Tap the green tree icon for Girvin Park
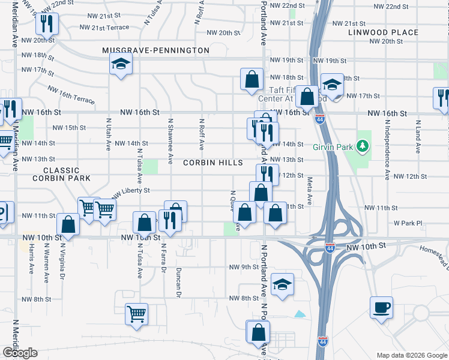[361, 146]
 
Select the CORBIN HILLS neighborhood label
[213, 163]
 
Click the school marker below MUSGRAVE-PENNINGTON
[121, 64]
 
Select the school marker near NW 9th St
[282, 286]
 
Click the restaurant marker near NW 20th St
[46, 24]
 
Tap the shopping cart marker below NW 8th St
[137, 313]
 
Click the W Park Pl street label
[408, 223]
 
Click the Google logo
[20, 353]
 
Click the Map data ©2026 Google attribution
[411, 355]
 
